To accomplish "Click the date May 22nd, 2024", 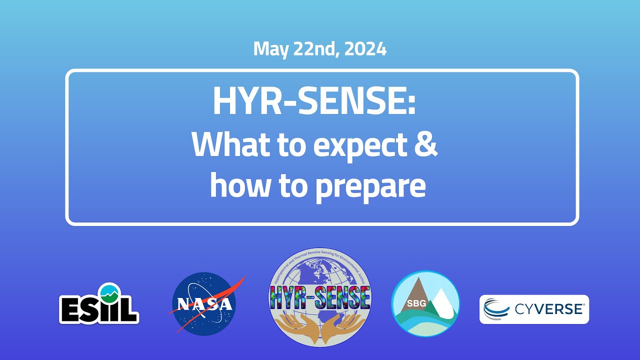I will coord(319,49).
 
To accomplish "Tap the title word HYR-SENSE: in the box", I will coord(314,101).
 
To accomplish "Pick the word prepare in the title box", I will coord(376,187).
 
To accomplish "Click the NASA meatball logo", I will coord(204,304).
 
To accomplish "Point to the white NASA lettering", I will coord(203,304).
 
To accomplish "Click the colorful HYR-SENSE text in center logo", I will coord(320,298).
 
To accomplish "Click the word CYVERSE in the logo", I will coord(549,309).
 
